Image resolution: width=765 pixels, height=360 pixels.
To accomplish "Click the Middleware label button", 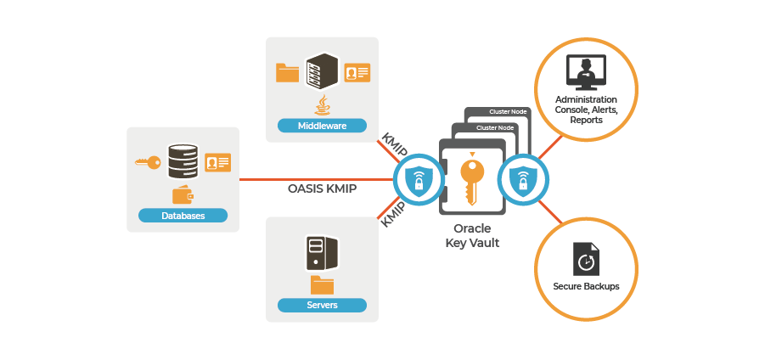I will (x=322, y=127).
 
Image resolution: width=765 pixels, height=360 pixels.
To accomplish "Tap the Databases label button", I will (x=183, y=216).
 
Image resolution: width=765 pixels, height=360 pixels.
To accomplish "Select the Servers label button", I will (x=322, y=305).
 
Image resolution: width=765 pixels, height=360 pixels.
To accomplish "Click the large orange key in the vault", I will (x=471, y=180).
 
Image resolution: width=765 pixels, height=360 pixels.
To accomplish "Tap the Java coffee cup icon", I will (x=322, y=104).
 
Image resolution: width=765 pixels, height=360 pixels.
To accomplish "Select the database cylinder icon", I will (x=182, y=160).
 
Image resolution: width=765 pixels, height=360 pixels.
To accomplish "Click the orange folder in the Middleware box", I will (x=288, y=73).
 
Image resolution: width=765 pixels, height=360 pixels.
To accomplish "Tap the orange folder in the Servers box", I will (x=322, y=283).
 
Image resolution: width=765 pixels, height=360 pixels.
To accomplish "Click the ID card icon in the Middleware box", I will (x=357, y=73).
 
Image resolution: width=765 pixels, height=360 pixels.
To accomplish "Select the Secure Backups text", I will (x=586, y=286).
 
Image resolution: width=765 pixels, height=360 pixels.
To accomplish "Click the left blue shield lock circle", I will (x=417, y=181).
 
